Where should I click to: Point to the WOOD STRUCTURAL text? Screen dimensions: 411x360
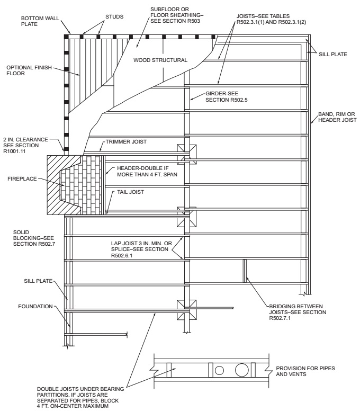coord(160,60)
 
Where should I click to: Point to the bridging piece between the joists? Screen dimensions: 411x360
coord(245,271)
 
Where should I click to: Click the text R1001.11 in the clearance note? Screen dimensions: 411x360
coord(21,151)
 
